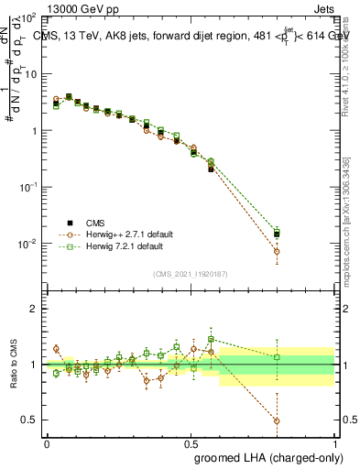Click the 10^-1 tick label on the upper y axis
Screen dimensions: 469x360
30,187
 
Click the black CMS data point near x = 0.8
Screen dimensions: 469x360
277,234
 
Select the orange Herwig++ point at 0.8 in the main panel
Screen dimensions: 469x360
277,251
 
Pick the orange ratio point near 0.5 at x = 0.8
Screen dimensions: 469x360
277,420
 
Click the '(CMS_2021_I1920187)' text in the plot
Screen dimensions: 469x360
191,273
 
